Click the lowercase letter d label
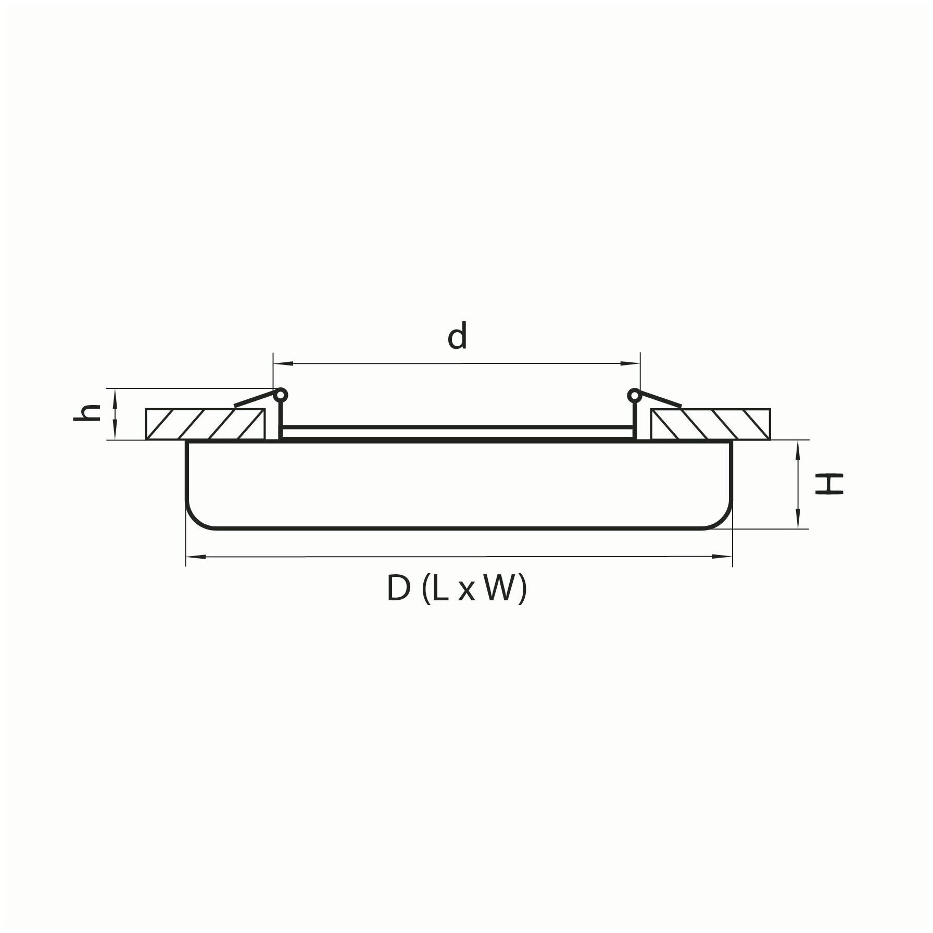coord(457,337)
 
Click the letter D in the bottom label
coord(399,589)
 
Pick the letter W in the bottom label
coord(501,589)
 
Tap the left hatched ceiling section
coord(205,424)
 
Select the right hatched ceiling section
coord(710,424)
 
